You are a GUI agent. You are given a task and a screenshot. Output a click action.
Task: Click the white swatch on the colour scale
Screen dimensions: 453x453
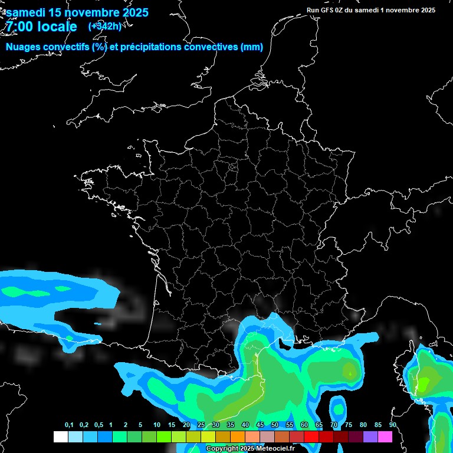(60, 436)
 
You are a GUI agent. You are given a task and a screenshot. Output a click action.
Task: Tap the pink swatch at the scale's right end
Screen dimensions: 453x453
(385, 436)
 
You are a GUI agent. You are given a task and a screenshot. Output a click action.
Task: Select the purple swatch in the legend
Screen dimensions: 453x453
(370, 436)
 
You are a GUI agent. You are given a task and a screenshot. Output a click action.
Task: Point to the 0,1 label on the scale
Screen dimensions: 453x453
(69, 425)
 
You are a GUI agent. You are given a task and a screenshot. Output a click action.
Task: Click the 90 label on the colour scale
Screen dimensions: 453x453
(393, 425)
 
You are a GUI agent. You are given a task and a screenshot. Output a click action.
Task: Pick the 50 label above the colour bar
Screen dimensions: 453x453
(275, 425)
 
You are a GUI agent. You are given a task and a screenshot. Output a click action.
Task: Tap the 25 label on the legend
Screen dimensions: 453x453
(201, 425)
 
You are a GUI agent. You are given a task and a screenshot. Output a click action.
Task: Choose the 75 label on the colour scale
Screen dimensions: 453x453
(349, 425)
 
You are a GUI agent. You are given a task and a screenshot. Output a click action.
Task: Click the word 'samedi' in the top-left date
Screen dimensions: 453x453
(26, 12)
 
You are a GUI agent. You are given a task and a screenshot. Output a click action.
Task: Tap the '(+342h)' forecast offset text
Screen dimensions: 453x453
(104, 26)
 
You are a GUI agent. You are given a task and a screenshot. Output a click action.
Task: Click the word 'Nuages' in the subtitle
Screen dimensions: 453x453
(24, 47)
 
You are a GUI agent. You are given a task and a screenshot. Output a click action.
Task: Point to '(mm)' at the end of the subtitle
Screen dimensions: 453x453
(252, 47)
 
